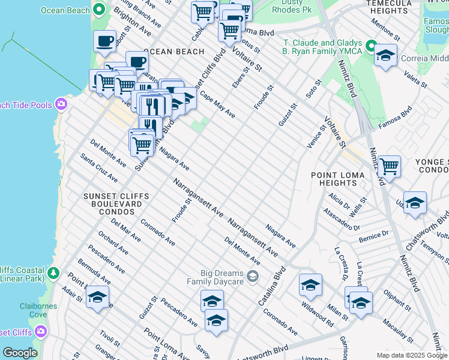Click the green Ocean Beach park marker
coord(99,10)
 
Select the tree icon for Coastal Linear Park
coord(54,273)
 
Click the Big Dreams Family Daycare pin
coord(253,276)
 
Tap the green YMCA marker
coord(371,46)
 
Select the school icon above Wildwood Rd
coord(310,285)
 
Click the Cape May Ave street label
coord(217,104)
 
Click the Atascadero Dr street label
coord(341,220)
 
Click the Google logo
coord(20,353)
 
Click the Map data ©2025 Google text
coord(411,355)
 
